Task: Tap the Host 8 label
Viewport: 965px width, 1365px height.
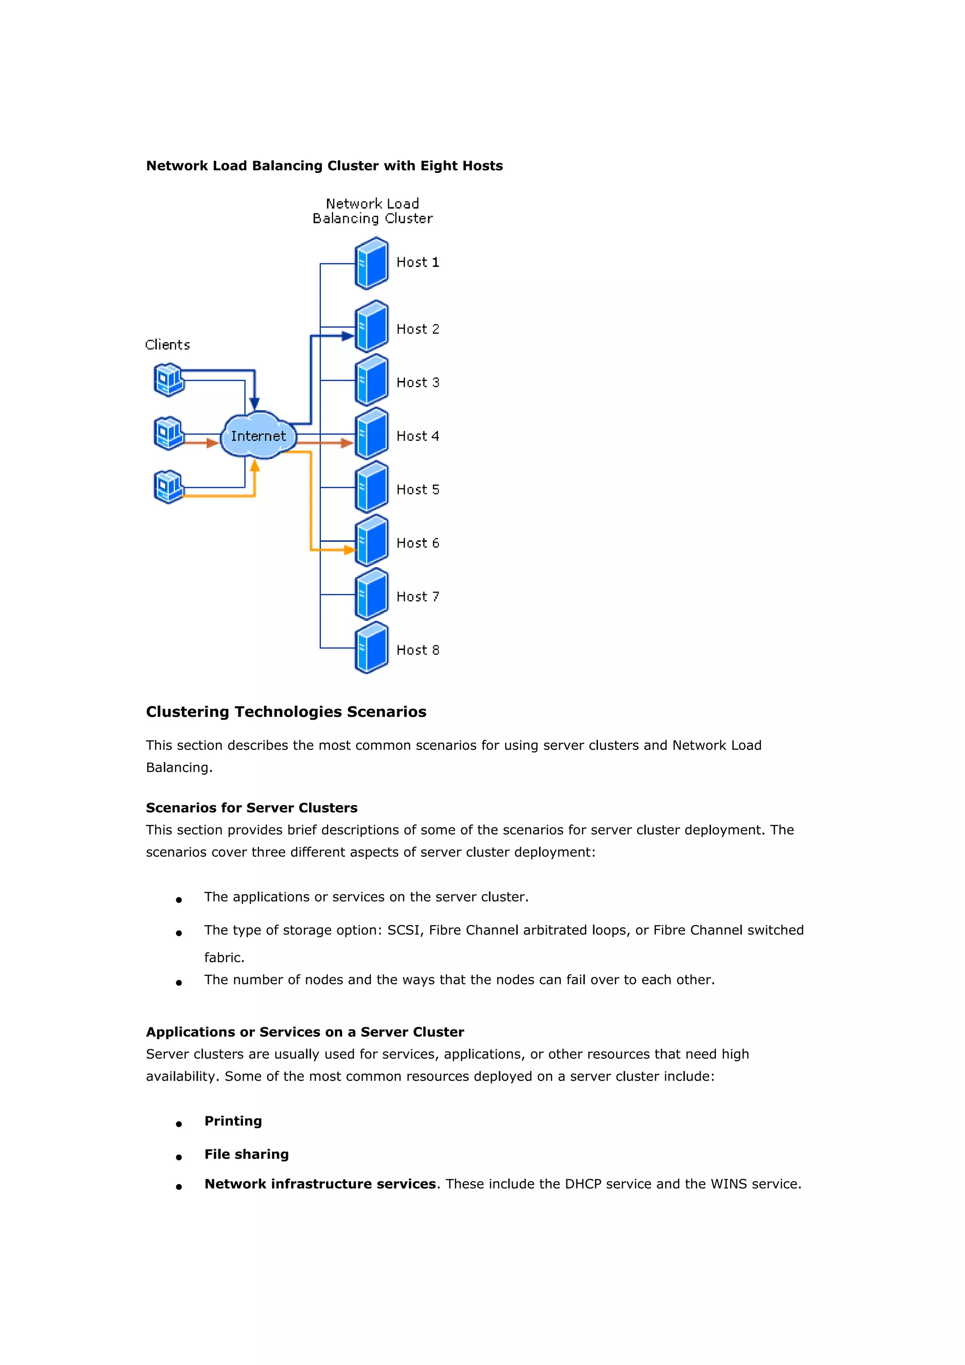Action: coord(417,650)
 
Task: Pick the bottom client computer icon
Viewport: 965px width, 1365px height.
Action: coord(168,487)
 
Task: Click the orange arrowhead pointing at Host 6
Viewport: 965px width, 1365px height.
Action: coord(350,550)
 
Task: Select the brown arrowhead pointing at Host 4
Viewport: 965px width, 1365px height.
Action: coord(347,443)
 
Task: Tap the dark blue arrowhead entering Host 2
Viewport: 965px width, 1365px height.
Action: coord(347,336)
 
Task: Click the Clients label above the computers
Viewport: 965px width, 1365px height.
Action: coord(168,345)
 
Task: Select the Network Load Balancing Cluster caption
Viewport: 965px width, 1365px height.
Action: coord(372,211)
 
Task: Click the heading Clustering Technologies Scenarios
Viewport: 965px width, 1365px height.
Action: coord(286,712)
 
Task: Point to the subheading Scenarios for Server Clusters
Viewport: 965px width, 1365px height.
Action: coord(252,807)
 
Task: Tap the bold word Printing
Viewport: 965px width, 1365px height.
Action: coord(233,1121)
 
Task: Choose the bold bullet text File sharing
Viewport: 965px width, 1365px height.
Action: coord(246,1154)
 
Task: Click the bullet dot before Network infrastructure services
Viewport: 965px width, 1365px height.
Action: coord(179,1186)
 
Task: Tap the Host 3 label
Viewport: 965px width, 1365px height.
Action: coord(417,382)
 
